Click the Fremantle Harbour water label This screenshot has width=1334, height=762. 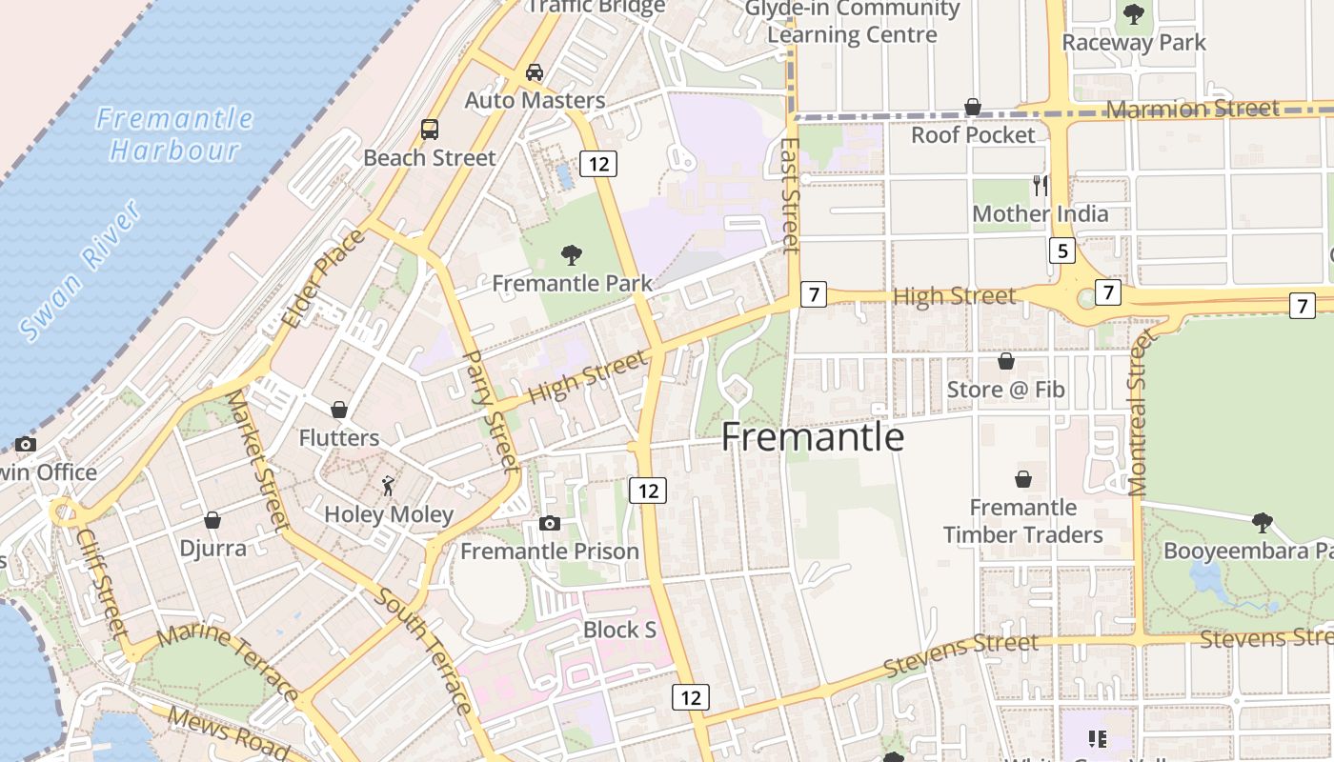coord(174,133)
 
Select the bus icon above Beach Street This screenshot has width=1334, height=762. coord(430,129)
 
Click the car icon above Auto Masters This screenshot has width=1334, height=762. coord(535,72)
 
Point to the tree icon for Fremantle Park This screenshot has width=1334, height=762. coord(572,254)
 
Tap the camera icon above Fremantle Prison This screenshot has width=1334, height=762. coord(549,523)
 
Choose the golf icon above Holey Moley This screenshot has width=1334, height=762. coord(388,487)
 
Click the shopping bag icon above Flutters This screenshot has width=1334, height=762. coord(338,410)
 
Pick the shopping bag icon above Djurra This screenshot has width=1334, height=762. coord(212,520)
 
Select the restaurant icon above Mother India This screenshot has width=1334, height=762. coord(1040,185)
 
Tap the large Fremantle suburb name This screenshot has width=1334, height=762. coord(812,436)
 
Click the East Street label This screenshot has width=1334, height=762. coord(789,196)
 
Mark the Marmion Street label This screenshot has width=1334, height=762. coord(1193,109)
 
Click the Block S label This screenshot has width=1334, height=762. coord(619,630)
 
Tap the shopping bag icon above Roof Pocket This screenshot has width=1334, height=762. coord(973,107)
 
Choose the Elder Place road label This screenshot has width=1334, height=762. coord(323,278)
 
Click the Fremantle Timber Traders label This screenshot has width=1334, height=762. coord(1022,521)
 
